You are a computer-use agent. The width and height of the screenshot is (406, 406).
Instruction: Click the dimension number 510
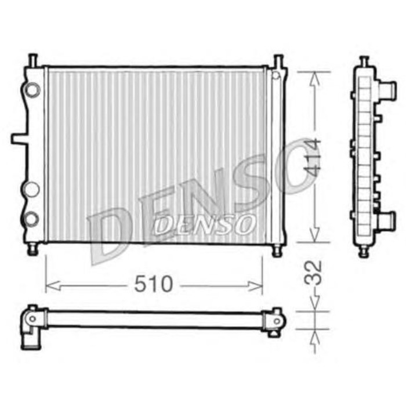(154, 284)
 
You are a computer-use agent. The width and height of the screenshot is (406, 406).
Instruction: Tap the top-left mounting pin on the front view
(32, 60)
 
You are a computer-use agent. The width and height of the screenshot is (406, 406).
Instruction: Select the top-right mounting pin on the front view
(278, 60)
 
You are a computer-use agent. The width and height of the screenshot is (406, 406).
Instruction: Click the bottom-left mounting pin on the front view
(33, 249)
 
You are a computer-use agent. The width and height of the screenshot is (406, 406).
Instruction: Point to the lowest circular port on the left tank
(33, 219)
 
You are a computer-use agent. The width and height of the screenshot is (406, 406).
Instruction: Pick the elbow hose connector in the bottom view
(31, 328)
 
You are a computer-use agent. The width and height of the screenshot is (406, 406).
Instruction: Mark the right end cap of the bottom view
(273, 320)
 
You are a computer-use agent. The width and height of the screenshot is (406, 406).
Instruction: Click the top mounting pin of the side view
(364, 61)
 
